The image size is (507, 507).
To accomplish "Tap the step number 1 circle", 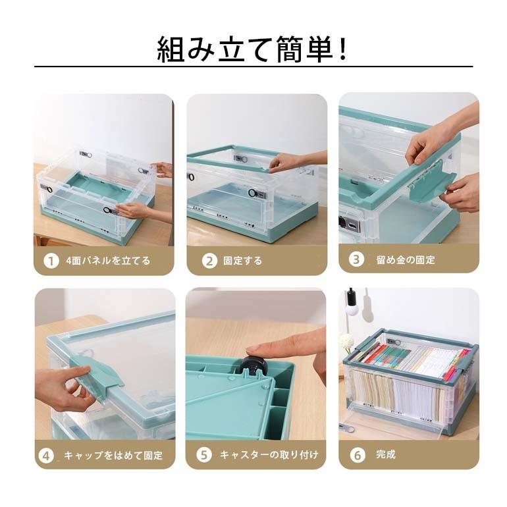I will [x=51, y=260].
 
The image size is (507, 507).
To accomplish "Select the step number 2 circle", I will [x=209, y=260].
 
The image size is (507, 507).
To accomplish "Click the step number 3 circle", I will [x=356, y=259].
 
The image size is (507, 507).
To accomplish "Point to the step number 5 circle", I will [x=205, y=454].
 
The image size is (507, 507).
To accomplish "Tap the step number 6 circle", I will [x=357, y=454].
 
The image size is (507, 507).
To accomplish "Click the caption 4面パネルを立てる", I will [x=108, y=260].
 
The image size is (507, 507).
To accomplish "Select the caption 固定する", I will [x=242, y=260].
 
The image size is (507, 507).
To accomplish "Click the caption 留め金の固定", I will [x=406, y=259].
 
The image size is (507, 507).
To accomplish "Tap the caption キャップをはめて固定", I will [x=113, y=455].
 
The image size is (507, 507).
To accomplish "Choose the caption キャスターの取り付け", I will [x=269, y=454].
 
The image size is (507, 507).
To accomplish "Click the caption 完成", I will [x=386, y=454].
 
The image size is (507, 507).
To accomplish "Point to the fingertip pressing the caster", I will [x=254, y=350].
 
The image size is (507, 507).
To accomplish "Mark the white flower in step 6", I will [x=346, y=342].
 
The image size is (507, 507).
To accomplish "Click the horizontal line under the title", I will [x=253, y=67].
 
